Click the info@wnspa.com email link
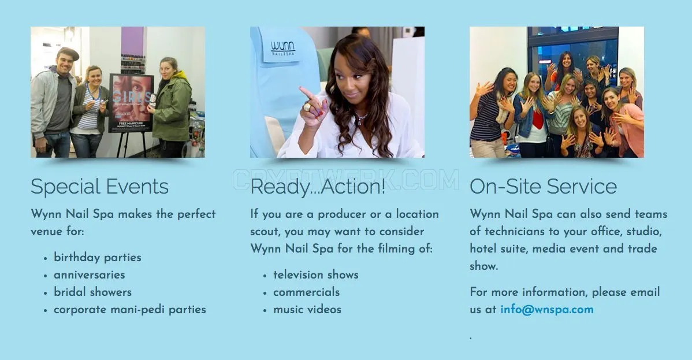point(547,310)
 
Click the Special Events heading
point(100,187)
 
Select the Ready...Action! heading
point(318,187)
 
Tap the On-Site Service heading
point(544,187)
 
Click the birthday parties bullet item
point(98,258)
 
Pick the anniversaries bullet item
point(89,274)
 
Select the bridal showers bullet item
point(92,292)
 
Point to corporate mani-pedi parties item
point(130,310)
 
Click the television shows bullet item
point(315,274)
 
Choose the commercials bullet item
point(306,292)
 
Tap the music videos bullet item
point(307,310)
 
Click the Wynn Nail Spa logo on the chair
point(283,48)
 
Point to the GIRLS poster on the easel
point(131,103)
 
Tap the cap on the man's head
point(69,53)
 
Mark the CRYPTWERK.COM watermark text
point(345,180)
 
